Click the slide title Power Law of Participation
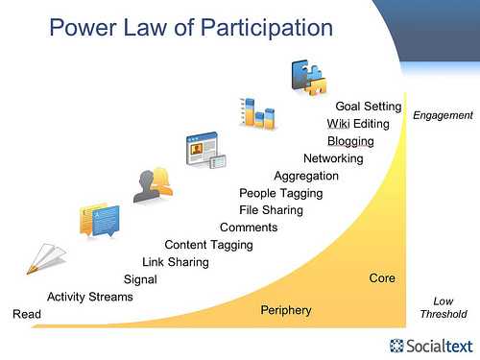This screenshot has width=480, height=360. coord(191,28)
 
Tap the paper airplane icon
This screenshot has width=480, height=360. coord(46,258)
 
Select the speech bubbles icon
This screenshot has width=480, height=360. coord(100,221)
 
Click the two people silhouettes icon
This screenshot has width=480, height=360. coord(153,185)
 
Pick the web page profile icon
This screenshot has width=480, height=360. coord(206,150)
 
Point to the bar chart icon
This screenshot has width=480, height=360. coord(257,113)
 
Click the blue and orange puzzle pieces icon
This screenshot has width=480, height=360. coord(309,78)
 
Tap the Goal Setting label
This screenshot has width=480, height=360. coord(369,107)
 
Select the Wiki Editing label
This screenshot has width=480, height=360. coord(358,124)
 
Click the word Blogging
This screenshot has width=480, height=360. coord(350,141)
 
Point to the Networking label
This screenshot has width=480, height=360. coord(333,158)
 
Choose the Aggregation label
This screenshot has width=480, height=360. coord(306,177)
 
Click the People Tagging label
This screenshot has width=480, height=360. coord(281,194)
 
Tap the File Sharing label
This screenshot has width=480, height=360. coord(271,210)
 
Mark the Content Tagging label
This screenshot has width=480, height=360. coord(208,245)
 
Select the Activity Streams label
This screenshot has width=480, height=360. coord(90,298)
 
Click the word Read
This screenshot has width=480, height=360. coord(27,314)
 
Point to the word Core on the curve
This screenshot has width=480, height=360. coord(382,278)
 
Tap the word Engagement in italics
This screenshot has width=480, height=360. coord(443,115)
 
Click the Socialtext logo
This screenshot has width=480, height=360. coord(431,346)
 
